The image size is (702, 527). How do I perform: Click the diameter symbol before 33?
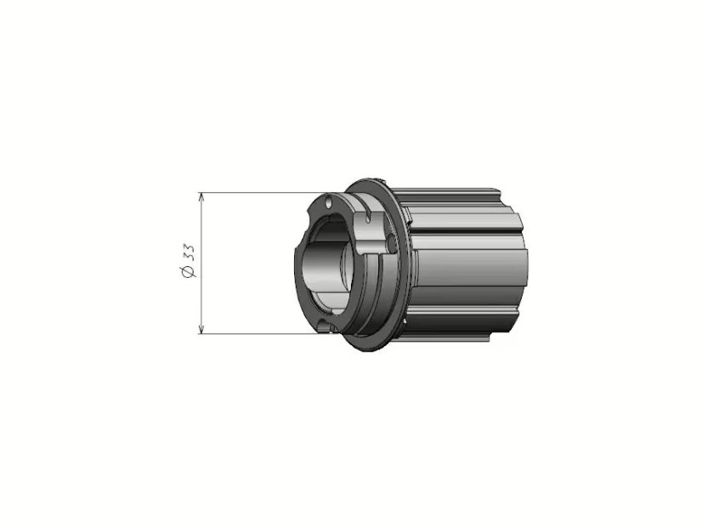point(188,271)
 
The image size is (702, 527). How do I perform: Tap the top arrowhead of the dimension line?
point(201,196)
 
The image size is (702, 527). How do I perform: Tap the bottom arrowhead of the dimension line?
point(201,330)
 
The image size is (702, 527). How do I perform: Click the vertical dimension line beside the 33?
point(201,263)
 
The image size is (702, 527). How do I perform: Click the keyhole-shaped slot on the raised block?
point(367,214)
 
